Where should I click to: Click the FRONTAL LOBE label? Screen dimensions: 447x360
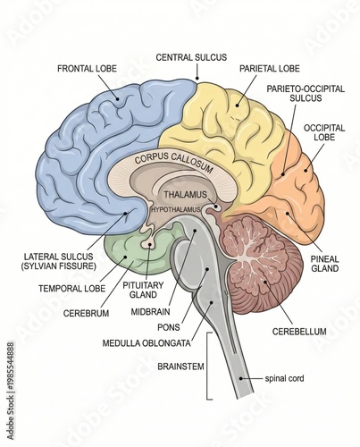pyautogui.click(x=88, y=68)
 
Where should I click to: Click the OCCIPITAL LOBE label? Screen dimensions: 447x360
pyautogui.click(x=324, y=133)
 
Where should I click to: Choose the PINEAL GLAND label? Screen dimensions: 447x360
pyautogui.click(x=324, y=264)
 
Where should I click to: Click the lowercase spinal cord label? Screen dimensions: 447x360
pyautogui.click(x=285, y=378)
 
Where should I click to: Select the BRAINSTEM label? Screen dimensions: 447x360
pyautogui.click(x=183, y=366)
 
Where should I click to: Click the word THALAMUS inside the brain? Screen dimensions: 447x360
pyautogui.click(x=185, y=194)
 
